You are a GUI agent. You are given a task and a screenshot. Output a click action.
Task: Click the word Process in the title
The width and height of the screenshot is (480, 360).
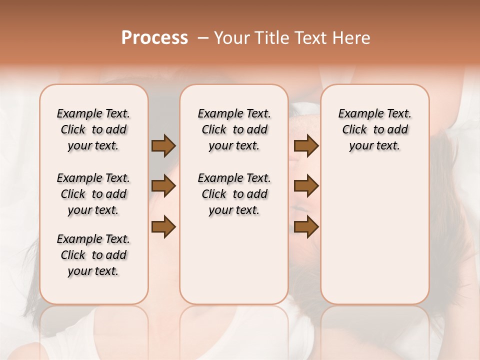(x=154, y=38)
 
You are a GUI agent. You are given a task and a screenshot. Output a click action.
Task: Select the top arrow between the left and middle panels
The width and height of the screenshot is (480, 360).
(x=163, y=146)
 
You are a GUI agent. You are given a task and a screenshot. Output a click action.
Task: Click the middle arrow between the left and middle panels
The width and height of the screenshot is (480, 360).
(x=163, y=186)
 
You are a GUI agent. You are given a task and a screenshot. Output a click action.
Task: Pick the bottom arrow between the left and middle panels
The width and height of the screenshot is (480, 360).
(x=163, y=226)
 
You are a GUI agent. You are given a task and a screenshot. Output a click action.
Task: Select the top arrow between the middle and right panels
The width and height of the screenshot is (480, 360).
(x=306, y=146)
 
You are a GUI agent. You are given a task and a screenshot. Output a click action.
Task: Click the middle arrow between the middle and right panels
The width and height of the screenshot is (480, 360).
(x=306, y=186)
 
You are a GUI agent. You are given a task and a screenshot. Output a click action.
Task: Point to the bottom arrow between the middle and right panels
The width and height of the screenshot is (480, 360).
(x=306, y=226)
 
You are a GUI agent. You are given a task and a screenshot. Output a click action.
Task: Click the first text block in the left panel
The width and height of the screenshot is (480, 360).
(x=93, y=129)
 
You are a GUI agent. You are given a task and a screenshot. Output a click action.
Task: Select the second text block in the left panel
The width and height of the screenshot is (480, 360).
(x=93, y=194)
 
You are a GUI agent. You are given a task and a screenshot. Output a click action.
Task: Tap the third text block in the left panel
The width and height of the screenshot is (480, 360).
(x=93, y=255)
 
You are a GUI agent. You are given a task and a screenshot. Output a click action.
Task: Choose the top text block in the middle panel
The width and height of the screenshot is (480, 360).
(x=234, y=129)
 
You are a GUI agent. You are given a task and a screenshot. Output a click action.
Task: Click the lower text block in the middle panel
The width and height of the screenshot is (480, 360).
(x=234, y=194)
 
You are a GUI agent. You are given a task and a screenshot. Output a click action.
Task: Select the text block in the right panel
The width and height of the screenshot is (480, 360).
(x=374, y=129)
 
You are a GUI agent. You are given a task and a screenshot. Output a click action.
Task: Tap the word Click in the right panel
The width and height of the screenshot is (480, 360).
(x=354, y=130)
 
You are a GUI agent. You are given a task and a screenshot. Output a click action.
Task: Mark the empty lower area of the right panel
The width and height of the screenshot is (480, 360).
(x=374, y=235)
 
